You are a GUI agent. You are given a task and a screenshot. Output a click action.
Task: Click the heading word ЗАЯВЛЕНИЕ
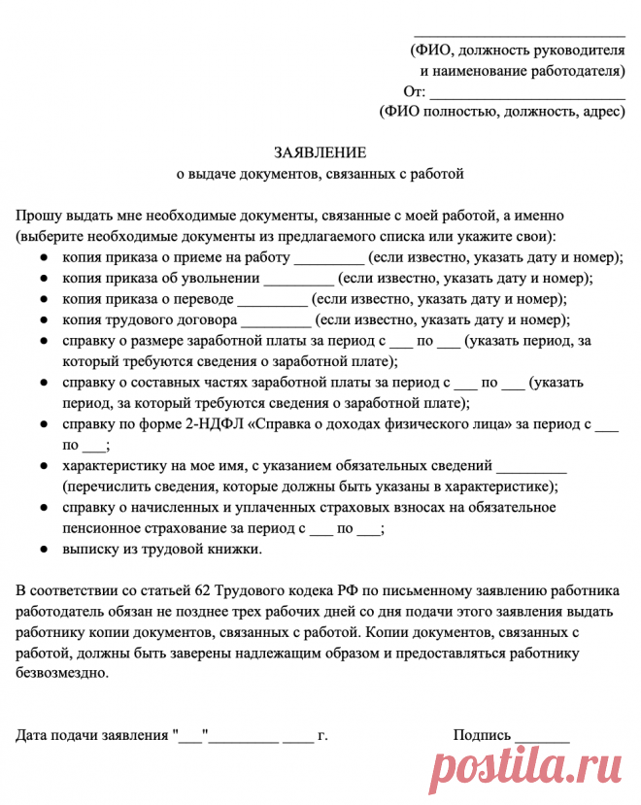(x=320, y=152)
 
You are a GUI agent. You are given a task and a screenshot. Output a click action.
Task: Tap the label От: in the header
(x=414, y=92)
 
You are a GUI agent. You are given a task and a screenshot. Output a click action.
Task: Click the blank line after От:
(x=527, y=97)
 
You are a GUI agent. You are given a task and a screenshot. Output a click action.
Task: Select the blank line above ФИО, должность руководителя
(x=520, y=36)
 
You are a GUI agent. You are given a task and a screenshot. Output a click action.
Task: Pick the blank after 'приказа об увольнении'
(x=298, y=280)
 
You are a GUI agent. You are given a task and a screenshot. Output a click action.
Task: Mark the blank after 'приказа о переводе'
(x=272, y=300)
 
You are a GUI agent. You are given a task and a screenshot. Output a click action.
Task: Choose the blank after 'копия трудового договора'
(x=276, y=321)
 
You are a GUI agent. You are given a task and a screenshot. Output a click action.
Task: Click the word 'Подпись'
(x=481, y=735)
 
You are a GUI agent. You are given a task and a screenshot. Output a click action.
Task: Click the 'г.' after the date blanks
(x=322, y=735)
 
